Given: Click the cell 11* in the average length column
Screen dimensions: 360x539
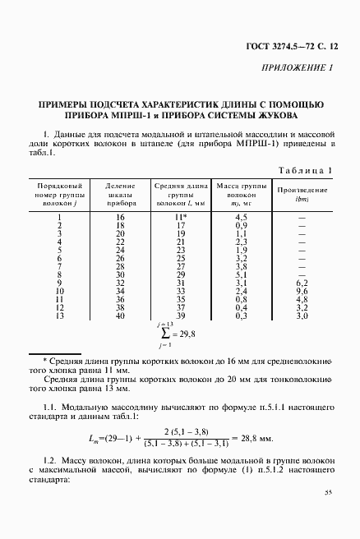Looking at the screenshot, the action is point(182,216).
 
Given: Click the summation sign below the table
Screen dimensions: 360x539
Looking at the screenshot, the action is point(164,334).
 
